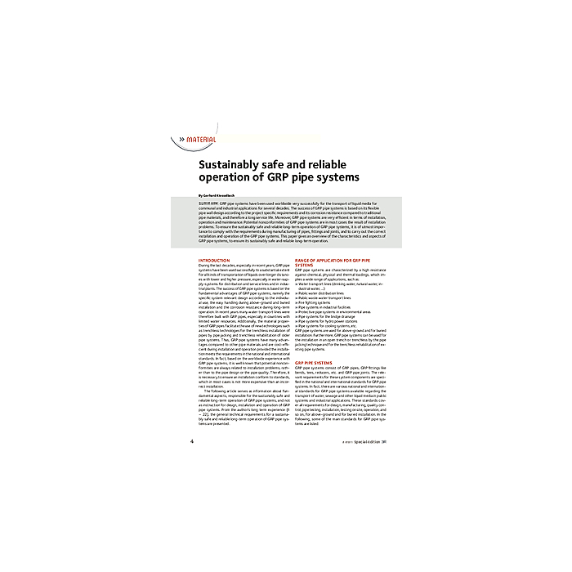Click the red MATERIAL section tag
[201, 140]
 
